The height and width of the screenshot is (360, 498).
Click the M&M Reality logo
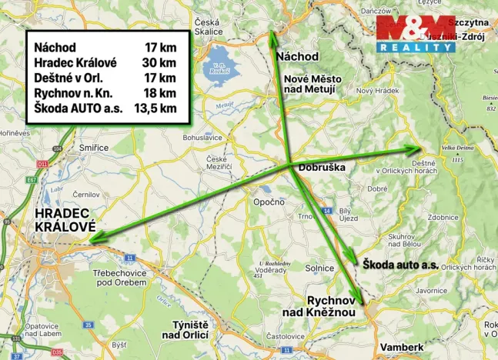[x=416, y=34]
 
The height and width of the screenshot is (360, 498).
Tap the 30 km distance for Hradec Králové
[x=160, y=62]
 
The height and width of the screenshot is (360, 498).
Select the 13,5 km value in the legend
[x=155, y=108]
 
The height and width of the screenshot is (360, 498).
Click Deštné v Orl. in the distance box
[x=69, y=78]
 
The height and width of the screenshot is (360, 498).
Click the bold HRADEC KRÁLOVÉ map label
[x=64, y=220]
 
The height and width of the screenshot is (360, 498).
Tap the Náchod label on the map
[x=297, y=56]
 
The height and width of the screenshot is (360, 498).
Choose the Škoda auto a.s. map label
[x=400, y=264]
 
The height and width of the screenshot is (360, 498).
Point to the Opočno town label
[x=269, y=202]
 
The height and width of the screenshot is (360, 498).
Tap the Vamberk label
[x=402, y=347]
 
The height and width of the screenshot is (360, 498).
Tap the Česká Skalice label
[x=209, y=27]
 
